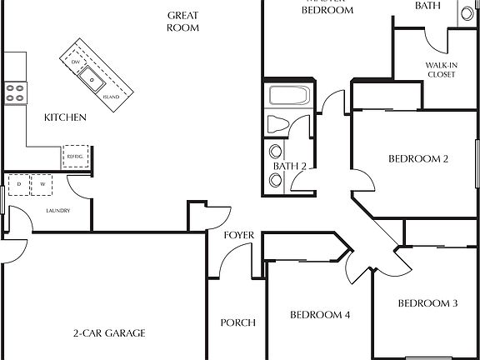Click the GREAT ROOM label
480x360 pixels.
(182, 21)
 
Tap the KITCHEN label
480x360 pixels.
(65, 118)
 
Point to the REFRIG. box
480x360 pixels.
(75, 157)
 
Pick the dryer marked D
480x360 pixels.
(18, 184)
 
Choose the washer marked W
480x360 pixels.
(41, 184)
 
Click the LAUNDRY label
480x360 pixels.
(57, 210)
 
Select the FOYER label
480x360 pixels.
(238, 235)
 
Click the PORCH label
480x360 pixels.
(237, 322)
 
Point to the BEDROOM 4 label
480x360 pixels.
(320, 315)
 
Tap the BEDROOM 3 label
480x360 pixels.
(427, 303)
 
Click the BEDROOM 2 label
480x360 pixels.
(419, 158)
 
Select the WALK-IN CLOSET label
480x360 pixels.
(441, 68)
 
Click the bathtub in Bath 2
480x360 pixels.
(290, 95)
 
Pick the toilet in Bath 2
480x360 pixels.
(277, 125)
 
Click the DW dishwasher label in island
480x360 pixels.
(76, 62)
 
